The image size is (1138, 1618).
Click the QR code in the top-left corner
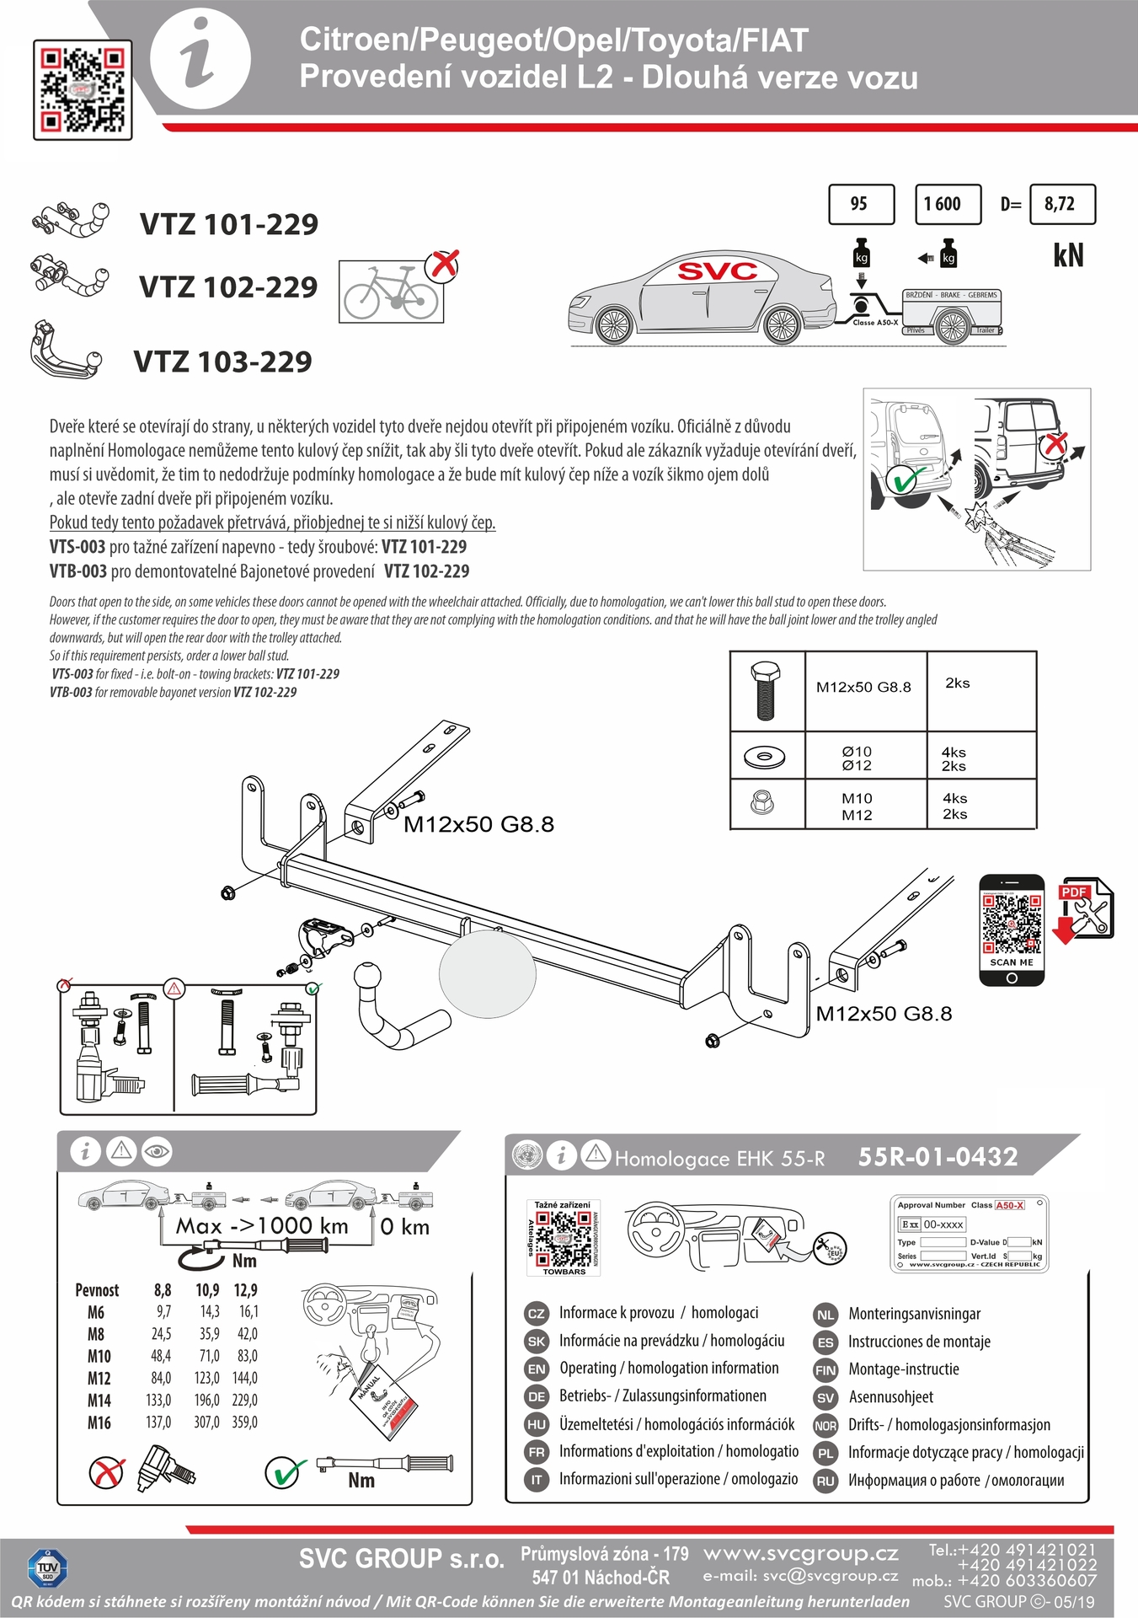coord(83,89)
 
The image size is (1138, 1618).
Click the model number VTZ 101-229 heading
coord(229,224)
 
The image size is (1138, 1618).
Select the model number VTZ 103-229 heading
coord(223,362)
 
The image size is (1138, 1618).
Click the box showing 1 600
coord(948,204)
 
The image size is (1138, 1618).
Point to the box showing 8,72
coord(1063,204)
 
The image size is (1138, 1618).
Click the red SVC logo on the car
coord(718,271)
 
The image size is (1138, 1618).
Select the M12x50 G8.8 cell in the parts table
coord(863,687)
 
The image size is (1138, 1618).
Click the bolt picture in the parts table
coord(765,690)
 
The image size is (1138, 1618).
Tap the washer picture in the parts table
coord(764,756)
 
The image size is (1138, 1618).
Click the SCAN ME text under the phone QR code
coord(1012,962)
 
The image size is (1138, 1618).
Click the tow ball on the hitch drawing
coord(368,978)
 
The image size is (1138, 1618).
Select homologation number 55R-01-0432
coord(938,1157)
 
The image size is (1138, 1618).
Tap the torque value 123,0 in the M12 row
coord(206,1378)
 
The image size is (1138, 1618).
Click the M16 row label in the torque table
coord(99,1422)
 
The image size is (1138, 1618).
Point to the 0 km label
coord(404,1227)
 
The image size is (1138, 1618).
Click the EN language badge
coord(537,1369)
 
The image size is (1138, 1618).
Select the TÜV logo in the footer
coord(48,1567)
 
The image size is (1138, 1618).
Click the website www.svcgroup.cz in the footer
coord(800,1553)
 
